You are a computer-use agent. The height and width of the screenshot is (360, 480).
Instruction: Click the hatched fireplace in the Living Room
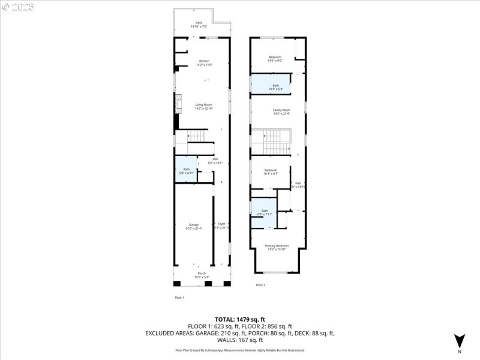(x=178, y=106)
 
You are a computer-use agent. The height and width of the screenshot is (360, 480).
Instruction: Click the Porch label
(x=202, y=275)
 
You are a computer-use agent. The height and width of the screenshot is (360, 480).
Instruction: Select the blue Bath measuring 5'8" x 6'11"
(x=186, y=171)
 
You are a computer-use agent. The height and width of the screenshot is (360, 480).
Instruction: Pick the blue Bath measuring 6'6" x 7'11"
(x=265, y=212)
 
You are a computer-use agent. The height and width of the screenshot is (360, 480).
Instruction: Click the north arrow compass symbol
(x=459, y=341)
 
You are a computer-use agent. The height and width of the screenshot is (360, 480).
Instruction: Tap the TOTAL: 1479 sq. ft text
(x=240, y=319)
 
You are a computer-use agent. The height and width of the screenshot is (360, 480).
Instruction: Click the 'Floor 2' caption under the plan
(x=260, y=285)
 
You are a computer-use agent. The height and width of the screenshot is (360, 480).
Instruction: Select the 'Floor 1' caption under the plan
(x=179, y=298)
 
